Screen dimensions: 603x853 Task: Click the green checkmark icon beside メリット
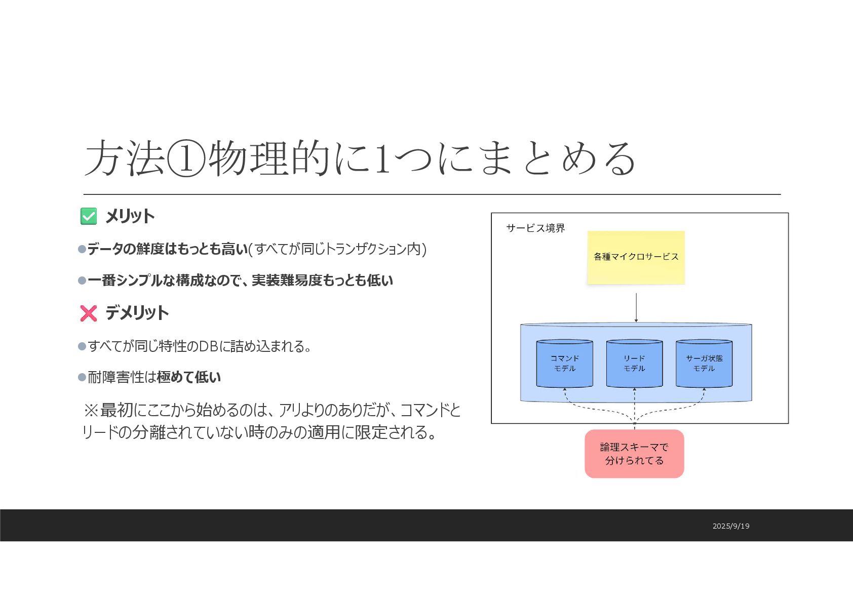[x=89, y=216]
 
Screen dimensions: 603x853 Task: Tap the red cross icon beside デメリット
[x=89, y=313]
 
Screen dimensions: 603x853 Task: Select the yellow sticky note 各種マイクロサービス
[x=636, y=257]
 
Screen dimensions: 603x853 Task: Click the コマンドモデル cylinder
[x=564, y=364]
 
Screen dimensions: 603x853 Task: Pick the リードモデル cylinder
[x=634, y=364]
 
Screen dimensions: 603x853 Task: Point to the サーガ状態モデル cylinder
[x=704, y=364]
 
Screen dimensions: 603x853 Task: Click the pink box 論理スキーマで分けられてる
[x=634, y=454]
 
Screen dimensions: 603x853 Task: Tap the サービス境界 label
[x=535, y=228]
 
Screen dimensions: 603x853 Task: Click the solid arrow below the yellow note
[x=636, y=307]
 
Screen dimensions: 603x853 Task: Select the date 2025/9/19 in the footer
[x=730, y=526]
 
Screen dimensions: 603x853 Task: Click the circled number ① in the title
[x=186, y=158]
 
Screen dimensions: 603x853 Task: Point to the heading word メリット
[x=130, y=216]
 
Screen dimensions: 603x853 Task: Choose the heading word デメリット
[x=137, y=313]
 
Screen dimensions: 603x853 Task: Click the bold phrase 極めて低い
[x=189, y=377]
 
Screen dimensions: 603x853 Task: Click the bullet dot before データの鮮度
[x=82, y=249]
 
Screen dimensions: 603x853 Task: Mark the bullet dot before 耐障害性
[x=82, y=377]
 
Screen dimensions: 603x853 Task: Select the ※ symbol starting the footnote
[x=91, y=410]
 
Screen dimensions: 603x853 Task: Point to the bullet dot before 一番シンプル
[x=82, y=280]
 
